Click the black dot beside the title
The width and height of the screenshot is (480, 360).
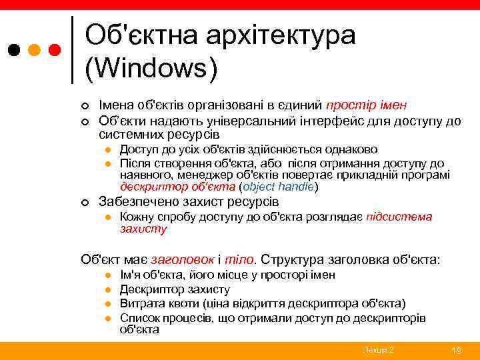(15, 50)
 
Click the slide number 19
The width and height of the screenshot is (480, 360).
(457, 351)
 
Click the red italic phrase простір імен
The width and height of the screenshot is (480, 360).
(367, 105)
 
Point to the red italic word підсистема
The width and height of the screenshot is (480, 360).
(399, 217)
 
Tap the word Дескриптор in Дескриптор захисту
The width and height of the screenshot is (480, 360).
(151, 289)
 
